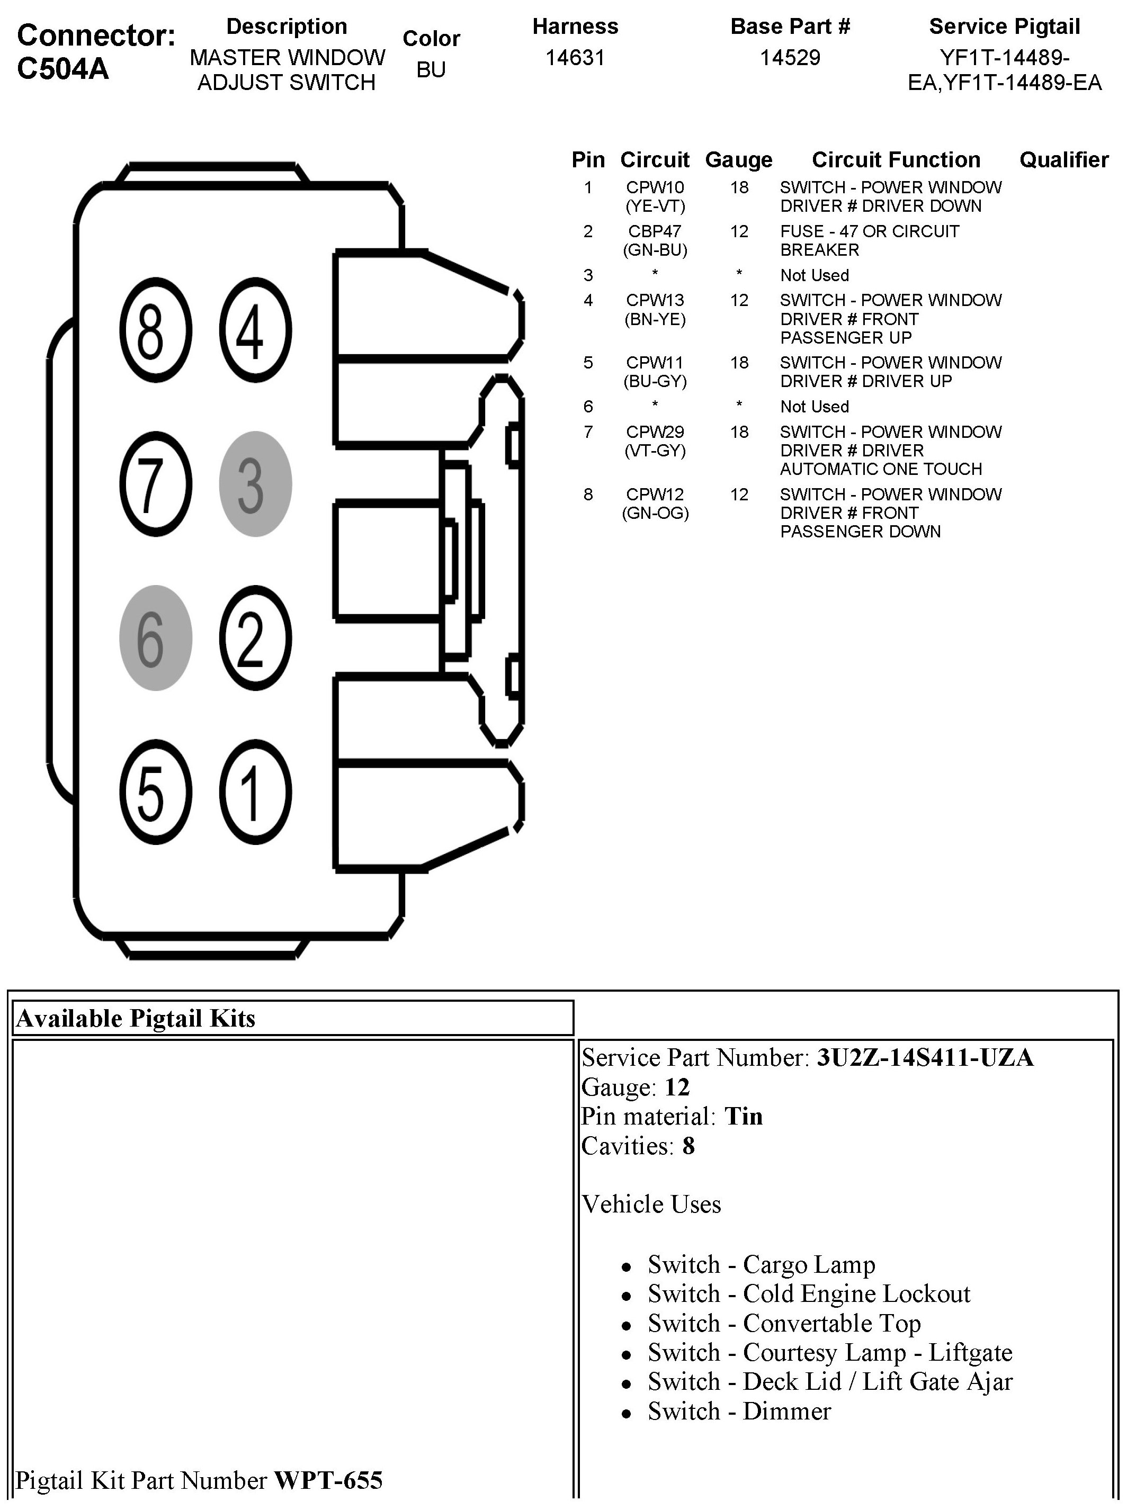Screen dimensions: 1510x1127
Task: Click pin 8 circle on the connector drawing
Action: click(x=156, y=330)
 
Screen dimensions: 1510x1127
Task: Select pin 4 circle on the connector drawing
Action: click(x=255, y=330)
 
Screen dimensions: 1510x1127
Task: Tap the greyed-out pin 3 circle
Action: click(x=255, y=483)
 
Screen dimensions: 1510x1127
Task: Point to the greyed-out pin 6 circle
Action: click(x=156, y=637)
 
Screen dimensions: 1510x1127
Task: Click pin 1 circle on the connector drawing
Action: click(x=255, y=792)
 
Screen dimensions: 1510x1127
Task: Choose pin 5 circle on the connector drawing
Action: click(x=156, y=792)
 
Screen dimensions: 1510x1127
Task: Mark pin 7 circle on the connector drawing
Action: click(x=156, y=483)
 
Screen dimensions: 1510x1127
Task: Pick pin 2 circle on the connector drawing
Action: click(x=255, y=637)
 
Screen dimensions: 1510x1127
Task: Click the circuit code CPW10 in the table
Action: click(x=655, y=187)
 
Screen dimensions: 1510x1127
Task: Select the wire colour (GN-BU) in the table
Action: click(x=655, y=250)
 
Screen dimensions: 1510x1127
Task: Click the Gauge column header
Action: click(x=739, y=159)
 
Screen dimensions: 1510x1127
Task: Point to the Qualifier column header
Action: click(x=1063, y=159)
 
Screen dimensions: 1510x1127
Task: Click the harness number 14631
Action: click(x=575, y=57)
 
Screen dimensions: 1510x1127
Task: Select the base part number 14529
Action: click(x=790, y=57)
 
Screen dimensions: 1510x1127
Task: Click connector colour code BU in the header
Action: click(x=431, y=69)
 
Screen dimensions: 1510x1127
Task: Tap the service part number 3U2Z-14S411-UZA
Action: click(x=925, y=1057)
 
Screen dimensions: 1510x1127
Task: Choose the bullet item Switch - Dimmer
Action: click(x=739, y=1411)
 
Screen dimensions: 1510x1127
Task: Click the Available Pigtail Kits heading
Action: click(x=136, y=1018)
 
